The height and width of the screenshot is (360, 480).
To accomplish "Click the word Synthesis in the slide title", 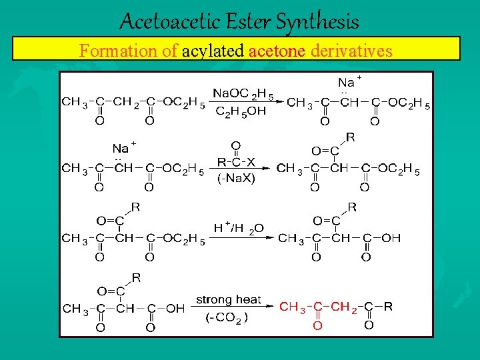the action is [317, 22].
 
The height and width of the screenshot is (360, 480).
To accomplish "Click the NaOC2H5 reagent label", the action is [243, 93].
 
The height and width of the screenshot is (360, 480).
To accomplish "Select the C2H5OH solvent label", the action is [241, 112].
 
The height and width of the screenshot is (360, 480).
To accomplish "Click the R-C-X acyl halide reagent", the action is [236, 161].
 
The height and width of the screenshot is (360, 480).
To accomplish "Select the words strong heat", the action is [229, 300].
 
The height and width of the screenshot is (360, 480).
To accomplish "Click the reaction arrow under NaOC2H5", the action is [244, 102].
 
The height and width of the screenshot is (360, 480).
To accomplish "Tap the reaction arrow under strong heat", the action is [233, 307].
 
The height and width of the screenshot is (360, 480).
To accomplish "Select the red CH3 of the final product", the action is [293, 307].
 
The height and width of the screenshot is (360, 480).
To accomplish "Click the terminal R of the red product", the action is [387, 307].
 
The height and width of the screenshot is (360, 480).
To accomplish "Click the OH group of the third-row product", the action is [391, 238].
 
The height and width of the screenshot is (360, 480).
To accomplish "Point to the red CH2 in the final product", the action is [345, 307].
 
